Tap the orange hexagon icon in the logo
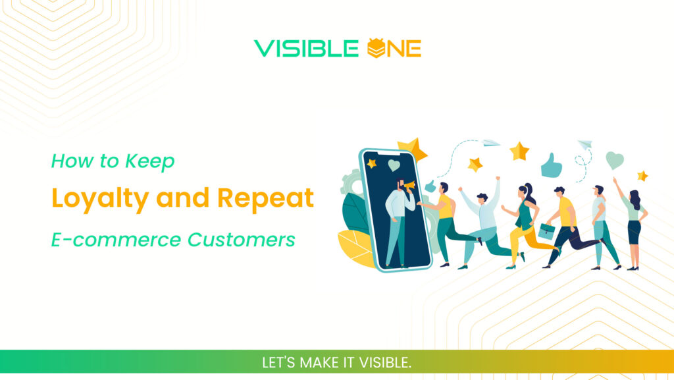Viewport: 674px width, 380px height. pyautogui.click(x=375, y=48)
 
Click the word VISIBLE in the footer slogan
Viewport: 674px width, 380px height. pyautogui.click(x=381, y=363)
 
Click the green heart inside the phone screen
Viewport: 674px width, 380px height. pyautogui.click(x=394, y=165)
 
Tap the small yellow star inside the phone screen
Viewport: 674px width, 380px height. pyautogui.click(x=372, y=163)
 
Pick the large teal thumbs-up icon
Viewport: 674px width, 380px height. pyautogui.click(x=551, y=165)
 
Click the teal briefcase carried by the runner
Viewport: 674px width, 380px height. pyautogui.click(x=546, y=231)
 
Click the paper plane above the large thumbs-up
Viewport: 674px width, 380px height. pyautogui.click(x=584, y=144)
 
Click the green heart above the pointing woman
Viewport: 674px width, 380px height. pyautogui.click(x=614, y=160)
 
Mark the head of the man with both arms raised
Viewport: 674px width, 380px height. pyautogui.click(x=481, y=197)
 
